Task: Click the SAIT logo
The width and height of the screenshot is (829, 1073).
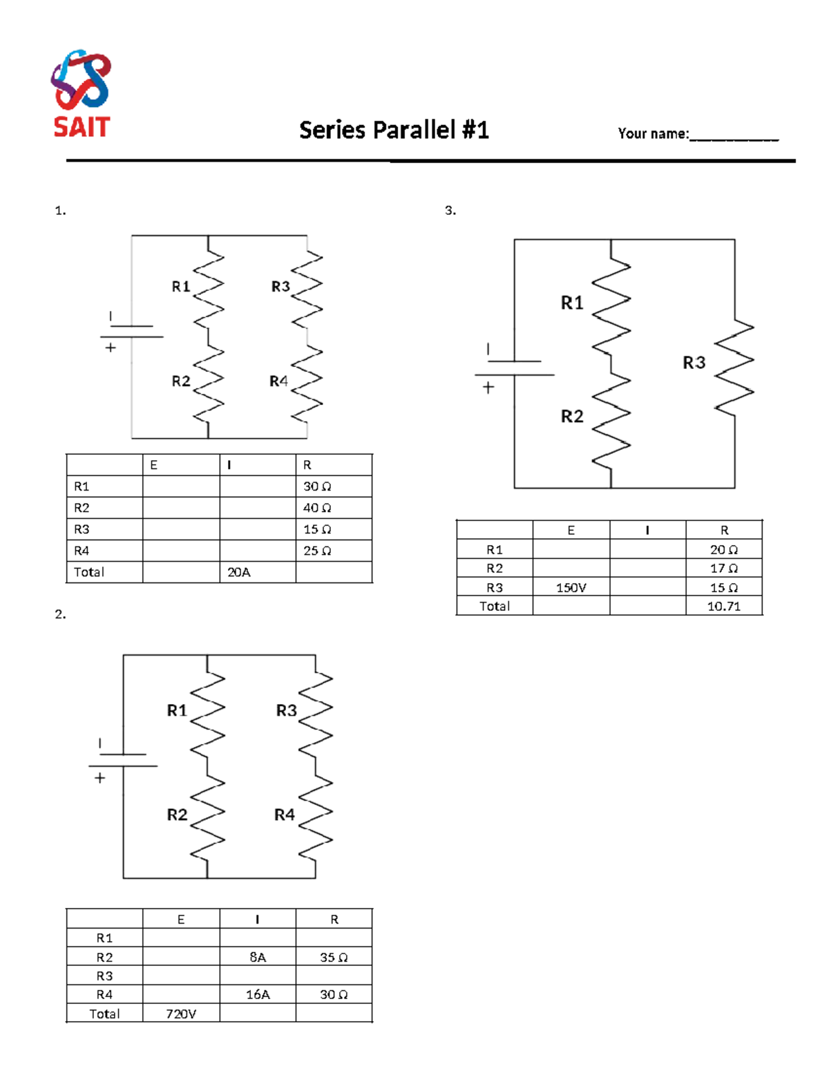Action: (x=82, y=93)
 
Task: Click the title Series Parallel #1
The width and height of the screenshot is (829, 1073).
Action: (x=394, y=130)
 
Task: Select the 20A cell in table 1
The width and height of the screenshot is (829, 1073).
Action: (x=239, y=572)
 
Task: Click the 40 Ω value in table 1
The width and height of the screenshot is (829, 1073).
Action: (x=317, y=508)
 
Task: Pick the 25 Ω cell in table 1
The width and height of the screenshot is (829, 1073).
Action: (x=317, y=551)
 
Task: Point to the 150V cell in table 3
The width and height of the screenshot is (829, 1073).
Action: (x=571, y=588)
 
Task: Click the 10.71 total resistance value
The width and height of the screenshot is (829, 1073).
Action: (x=723, y=606)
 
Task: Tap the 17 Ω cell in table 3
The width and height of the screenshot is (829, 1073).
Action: (x=723, y=569)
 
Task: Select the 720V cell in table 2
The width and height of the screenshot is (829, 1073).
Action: (x=181, y=1014)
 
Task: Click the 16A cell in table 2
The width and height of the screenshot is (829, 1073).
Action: (x=258, y=994)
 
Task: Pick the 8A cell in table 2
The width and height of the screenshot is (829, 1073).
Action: (x=258, y=957)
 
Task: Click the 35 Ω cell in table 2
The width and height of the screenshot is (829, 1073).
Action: (x=334, y=957)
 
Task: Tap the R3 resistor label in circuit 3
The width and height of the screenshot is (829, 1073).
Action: (x=694, y=363)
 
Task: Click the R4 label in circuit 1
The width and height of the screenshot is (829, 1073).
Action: (x=278, y=381)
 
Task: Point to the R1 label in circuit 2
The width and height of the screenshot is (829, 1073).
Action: (x=177, y=710)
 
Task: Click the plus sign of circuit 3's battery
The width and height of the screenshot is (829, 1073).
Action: (x=488, y=388)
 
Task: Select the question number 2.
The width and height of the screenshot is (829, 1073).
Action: (x=60, y=614)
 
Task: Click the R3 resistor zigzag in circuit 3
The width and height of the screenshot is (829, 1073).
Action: (x=734, y=368)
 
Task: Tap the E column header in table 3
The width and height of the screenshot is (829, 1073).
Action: (x=571, y=530)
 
